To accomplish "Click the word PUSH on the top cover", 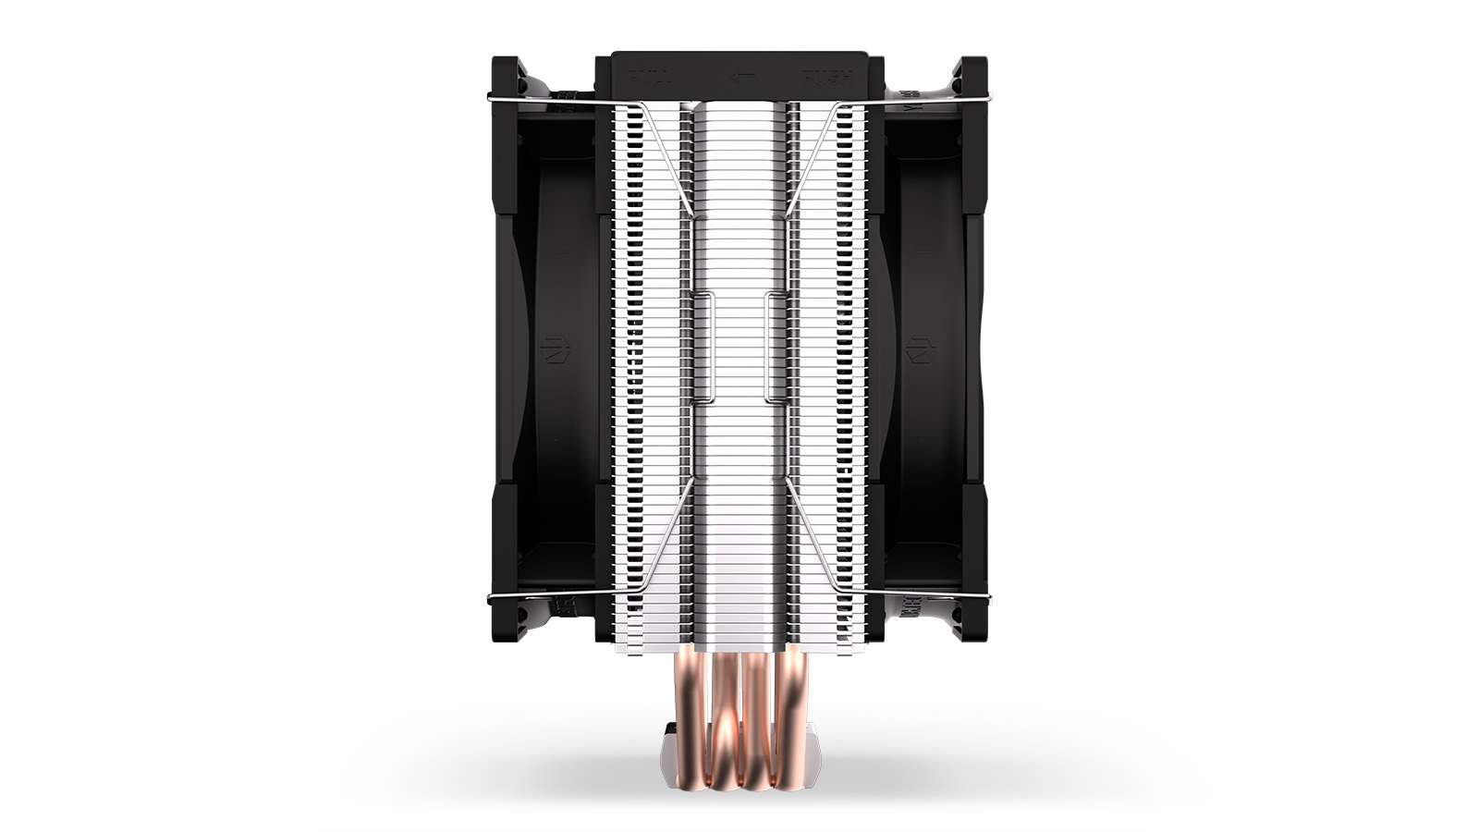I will (826, 77).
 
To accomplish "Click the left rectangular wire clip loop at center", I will (703, 347).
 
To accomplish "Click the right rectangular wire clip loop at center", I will (775, 347).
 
